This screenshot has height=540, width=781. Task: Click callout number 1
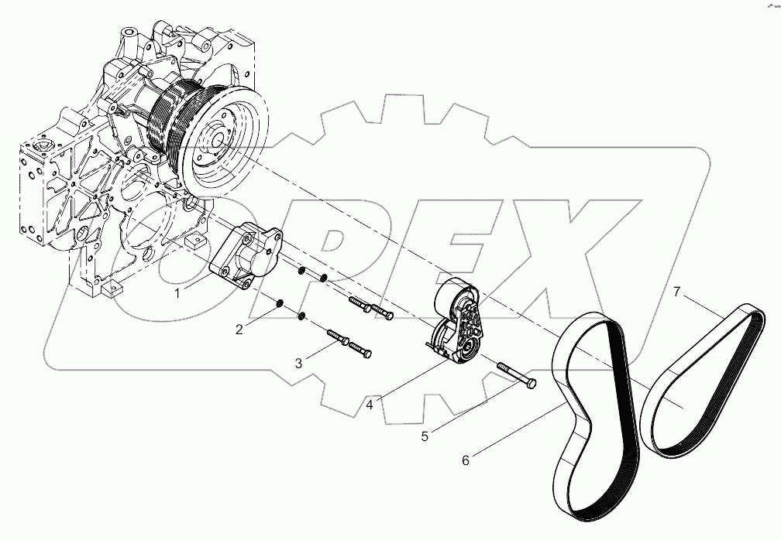pos(177,293)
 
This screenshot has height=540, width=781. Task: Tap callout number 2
pos(239,329)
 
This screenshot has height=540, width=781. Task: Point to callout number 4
pos(371,403)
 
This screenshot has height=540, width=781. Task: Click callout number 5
pos(425,436)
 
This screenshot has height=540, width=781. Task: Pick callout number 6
pos(466,460)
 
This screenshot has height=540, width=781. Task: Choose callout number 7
pos(676,292)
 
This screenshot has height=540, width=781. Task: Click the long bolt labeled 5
pos(515,374)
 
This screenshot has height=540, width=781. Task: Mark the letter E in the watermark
pos(457,255)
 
